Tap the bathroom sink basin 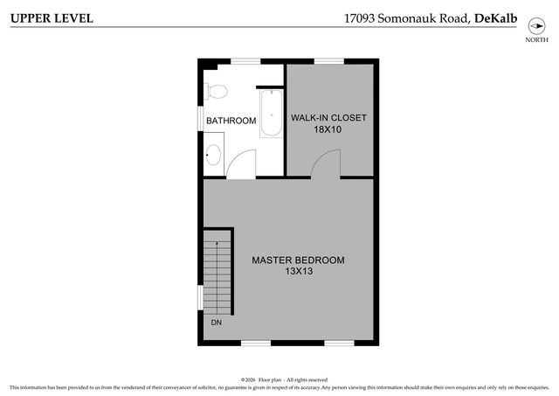pos(214,156)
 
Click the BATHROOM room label pos(231,121)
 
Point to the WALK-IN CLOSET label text pos(328,117)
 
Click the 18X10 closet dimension pos(328,129)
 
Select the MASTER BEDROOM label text pos(298,261)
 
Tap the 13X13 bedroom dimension pos(298,272)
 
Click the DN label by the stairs pos(216,322)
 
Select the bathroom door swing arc pos(242,164)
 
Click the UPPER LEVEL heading pos(50,17)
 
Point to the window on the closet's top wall pos(328,61)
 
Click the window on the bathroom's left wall pos(202,119)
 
